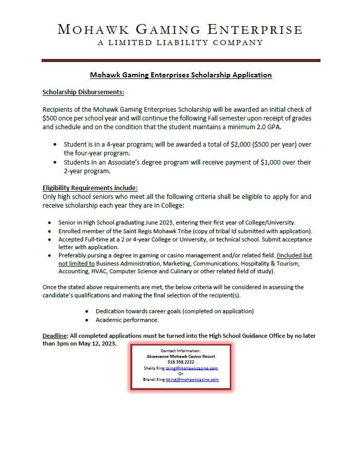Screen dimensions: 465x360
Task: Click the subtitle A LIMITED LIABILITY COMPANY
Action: pyautogui.click(x=181, y=43)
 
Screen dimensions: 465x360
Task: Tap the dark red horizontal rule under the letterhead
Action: pyautogui.click(x=181, y=60)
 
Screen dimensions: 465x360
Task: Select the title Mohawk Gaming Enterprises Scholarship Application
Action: pyautogui.click(x=181, y=75)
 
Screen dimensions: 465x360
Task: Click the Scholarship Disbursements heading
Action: pyautogui.click(x=83, y=92)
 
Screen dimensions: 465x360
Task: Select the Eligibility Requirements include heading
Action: pyautogui.click(x=90, y=188)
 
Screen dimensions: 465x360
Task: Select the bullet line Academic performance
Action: pyautogui.click(x=127, y=320)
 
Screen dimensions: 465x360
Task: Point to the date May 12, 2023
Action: pyautogui.click(x=96, y=343)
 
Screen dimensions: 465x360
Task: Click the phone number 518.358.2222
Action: pyautogui.click(x=181, y=362)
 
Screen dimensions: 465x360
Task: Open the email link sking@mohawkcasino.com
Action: pyautogui.click(x=192, y=368)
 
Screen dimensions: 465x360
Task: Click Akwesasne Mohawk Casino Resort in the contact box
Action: pyautogui.click(x=181, y=356)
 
